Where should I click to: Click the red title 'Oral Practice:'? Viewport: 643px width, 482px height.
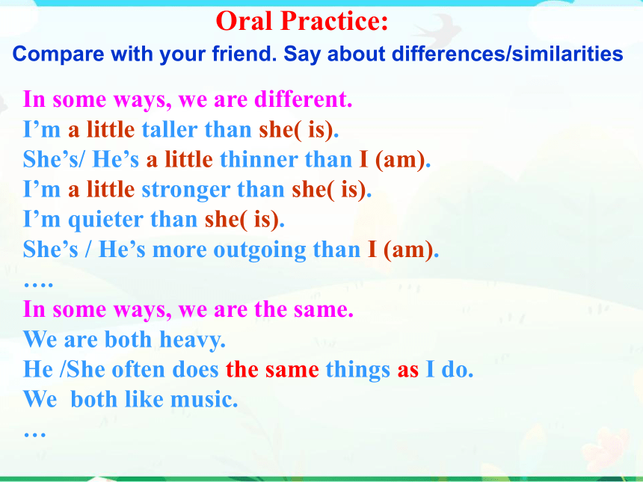click(x=302, y=21)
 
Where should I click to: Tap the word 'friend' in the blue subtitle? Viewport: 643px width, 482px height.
click(x=244, y=54)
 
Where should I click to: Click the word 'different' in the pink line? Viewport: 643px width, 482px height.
click(x=303, y=99)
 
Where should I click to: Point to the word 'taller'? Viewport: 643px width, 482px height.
click(x=170, y=129)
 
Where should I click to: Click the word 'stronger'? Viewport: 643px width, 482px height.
click(x=185, y=191)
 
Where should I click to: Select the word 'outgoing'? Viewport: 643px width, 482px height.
click(x=259, y=250)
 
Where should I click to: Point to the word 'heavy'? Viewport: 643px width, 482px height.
click(x=192, y=340)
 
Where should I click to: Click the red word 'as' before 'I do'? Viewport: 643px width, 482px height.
click(x=408, y=370)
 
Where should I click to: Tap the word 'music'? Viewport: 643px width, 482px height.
click(x=204, y=399)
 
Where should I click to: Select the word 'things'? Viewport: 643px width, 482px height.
click(x=357, y=370)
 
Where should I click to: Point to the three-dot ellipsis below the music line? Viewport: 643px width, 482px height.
click(x=35, y=434)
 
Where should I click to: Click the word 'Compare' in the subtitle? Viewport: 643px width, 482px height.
click(x=58, y=54)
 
